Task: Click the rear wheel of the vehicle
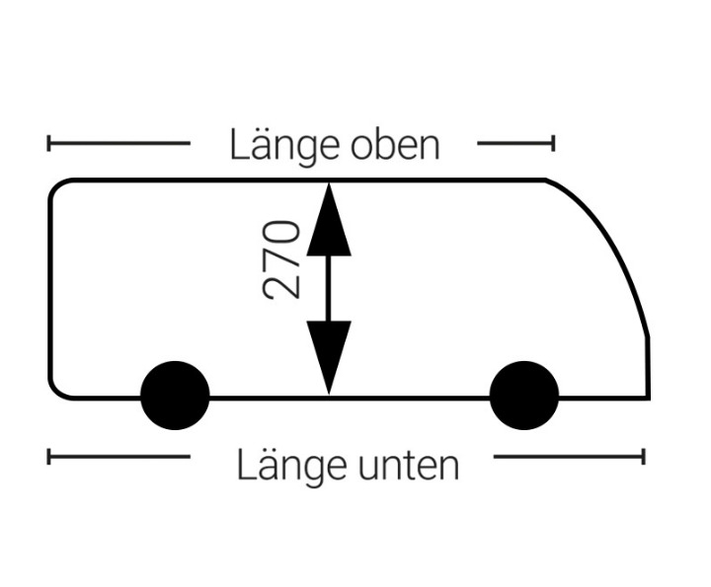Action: click(175, 396)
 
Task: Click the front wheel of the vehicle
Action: click(524, 396)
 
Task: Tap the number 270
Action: click(281, 260)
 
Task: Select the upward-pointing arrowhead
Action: click(329, 220)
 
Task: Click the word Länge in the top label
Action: click(284, 146)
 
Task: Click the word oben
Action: click(395, 145)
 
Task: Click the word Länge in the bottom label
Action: click(291, 466)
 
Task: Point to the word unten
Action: click(409, 467)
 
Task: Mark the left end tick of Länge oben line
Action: click(49, 143)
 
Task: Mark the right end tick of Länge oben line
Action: click(553, 143)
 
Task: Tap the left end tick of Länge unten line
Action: click(49, 457)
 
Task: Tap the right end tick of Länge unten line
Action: click(643, 457)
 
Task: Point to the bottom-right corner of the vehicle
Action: click(649, 399)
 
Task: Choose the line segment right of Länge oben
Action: click(515, 143)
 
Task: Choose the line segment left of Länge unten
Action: click(118, 457)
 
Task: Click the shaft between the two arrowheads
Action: click(329, 288)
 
